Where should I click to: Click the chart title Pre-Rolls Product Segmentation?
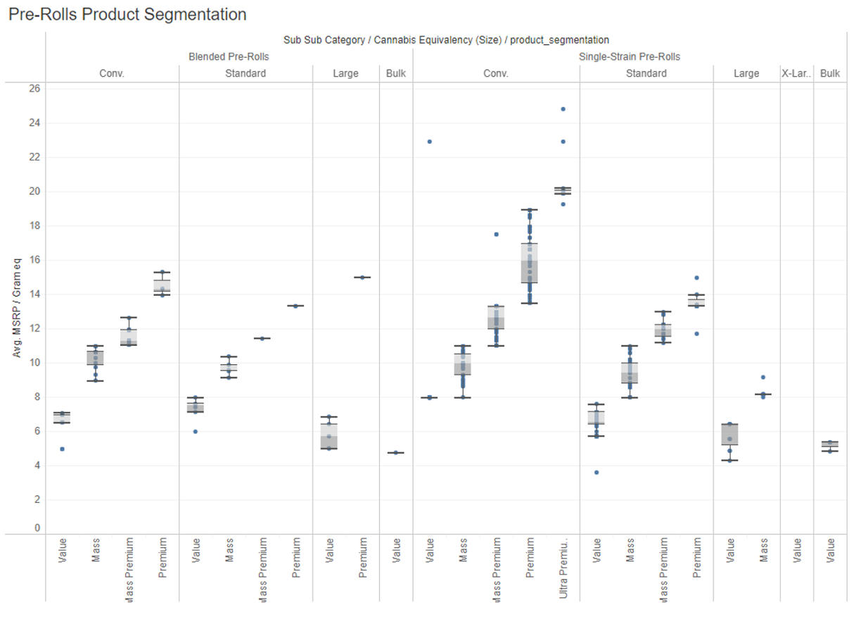coord(127,14)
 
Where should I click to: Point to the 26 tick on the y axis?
coord(34,89)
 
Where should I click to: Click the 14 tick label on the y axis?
coord(34,294)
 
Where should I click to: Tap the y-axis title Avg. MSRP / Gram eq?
coord(17,308)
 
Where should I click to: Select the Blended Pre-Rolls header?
coord(229,56)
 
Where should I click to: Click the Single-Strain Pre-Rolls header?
coord(629,56)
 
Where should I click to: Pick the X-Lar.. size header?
coord(796,73)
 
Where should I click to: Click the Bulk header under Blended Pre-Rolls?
coord(396,73)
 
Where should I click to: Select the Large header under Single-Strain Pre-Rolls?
coord(746,73)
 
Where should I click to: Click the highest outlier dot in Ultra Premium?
coord(563,109)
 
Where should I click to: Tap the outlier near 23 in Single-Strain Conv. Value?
coord(430,142)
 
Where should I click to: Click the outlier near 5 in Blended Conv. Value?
coord(63,449)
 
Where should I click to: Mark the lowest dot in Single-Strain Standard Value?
coord(597,473)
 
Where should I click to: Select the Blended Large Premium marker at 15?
coord(362,278)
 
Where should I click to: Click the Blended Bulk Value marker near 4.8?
coord(396,453)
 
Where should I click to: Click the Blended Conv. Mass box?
coord(95,358)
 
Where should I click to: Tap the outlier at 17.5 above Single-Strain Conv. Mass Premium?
coord(497,235)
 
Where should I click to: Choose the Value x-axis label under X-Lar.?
coord(797,550)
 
